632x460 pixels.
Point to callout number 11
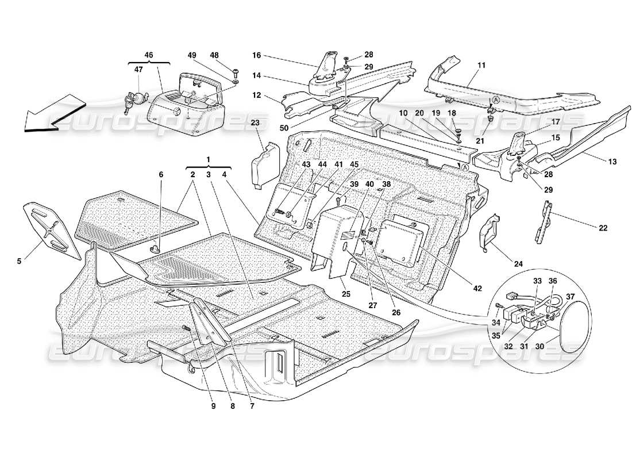(x=480, y=66)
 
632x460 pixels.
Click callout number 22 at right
(x=603, y=228)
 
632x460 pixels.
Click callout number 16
(x=256, y=55)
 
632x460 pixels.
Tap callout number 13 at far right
(x=612, y=162)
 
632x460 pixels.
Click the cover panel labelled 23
(x=261, y=167)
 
